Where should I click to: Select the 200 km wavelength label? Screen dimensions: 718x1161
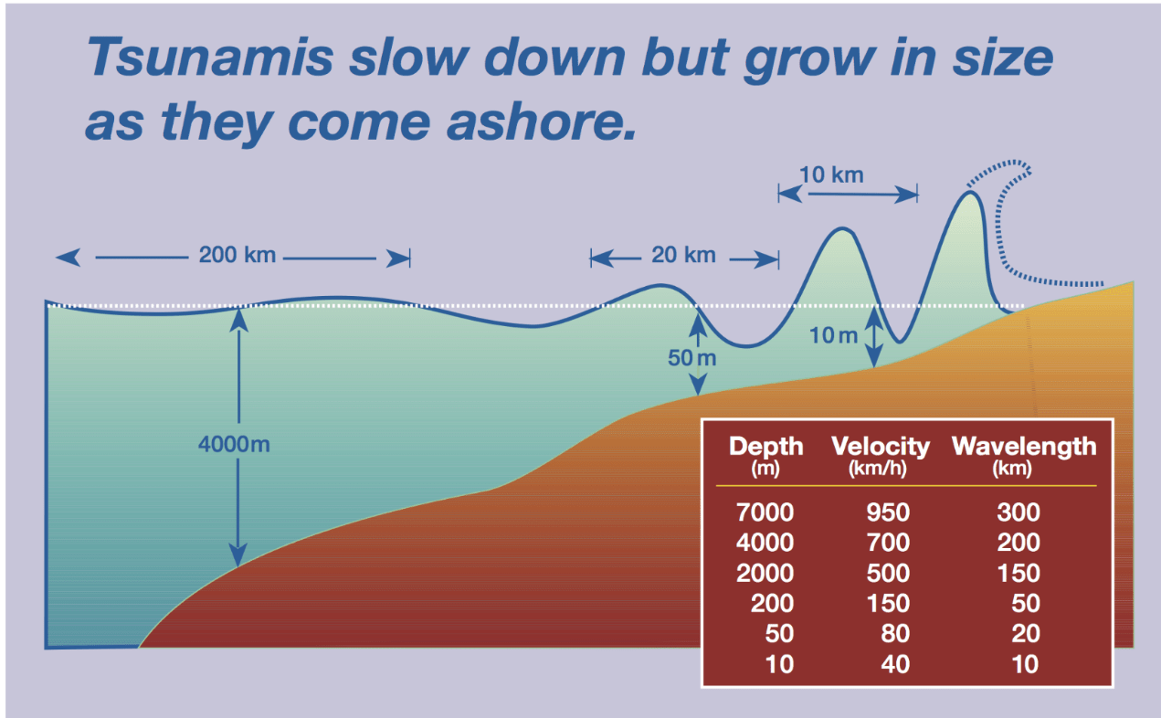click(x=237, y=255)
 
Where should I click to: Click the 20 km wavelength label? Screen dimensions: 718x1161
click(x=683, y=255)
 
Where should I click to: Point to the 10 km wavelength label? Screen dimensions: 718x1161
click(x=830, y=174)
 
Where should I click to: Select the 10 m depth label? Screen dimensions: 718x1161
click(x=834, y=335)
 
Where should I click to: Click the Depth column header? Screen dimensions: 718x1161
click(x=766, y=447)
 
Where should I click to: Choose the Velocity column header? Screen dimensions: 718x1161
click(x=880, y=447)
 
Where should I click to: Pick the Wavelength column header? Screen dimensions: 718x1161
click(x=1023, y=447)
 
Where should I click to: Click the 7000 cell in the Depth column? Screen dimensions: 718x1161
click(x=765, y=512)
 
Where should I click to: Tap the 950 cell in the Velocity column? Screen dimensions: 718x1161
click(x=887, y=512)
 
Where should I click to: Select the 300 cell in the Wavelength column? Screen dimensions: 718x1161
click(x=1019, y=512)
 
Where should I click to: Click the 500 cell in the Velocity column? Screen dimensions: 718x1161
click(x=887, y=573)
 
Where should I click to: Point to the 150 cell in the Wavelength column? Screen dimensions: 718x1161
click(x=1019, y=573)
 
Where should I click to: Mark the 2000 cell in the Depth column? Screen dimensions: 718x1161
click(x=765, y=573)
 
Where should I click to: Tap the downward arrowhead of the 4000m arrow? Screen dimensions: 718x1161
click(x=237, y=555)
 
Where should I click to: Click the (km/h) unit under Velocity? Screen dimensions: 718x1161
click(x=880, y=470)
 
